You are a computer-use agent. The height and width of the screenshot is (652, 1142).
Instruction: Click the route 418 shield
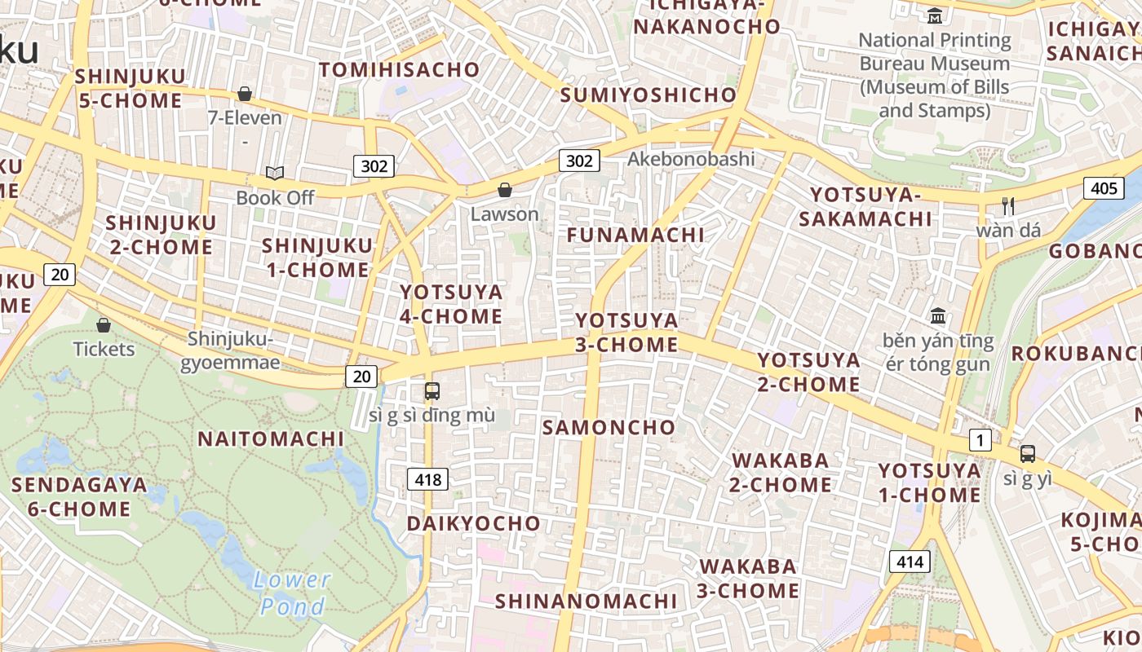(427, 479)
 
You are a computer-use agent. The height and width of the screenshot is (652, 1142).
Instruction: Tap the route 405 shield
(1104, 189)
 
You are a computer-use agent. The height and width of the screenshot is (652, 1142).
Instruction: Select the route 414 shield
(909, 562)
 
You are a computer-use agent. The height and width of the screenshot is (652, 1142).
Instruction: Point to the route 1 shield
(980, 441)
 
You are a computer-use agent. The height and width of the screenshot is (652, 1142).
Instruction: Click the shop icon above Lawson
(505, 190)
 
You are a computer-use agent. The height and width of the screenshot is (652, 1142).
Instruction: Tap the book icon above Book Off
(275, 173)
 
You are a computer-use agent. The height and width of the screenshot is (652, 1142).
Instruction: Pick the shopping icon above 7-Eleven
(244, 94)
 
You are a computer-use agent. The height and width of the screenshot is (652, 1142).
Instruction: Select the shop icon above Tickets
(104, 325)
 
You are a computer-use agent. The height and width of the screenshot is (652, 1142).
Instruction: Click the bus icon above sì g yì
(1027, 454)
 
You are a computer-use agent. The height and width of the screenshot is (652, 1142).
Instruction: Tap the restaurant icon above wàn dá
(1008, 205)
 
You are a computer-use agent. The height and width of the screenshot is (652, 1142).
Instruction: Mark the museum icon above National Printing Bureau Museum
(934, 15)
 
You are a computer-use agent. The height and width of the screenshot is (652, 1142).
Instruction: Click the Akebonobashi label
(691, 159)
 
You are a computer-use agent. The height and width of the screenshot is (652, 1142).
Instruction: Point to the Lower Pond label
(291, 593)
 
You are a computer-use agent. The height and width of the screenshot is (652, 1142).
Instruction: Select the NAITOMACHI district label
(271, 438)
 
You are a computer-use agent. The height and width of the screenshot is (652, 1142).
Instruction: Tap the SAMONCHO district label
(609, 427)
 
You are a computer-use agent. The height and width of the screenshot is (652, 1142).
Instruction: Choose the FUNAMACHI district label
(635, 235)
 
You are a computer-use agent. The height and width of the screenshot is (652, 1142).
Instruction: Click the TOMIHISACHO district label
(399, 69)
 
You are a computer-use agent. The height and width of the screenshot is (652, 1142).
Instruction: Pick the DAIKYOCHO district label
(473, 523)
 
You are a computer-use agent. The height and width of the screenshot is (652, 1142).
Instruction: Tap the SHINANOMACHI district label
(586, 601)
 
